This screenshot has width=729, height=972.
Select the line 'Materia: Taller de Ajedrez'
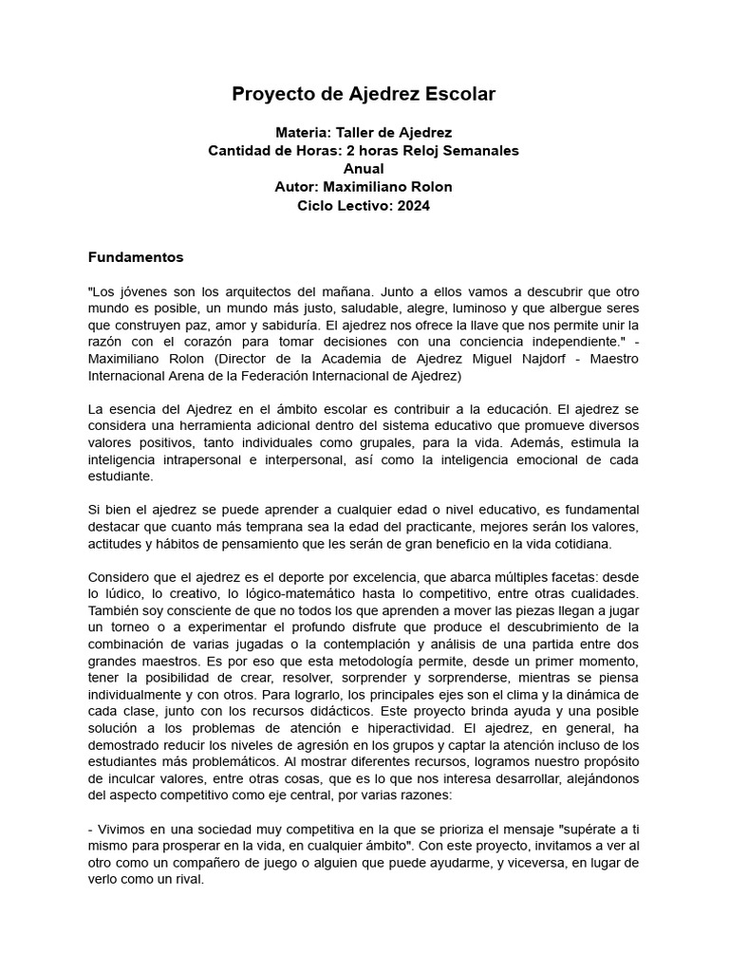(364, 134)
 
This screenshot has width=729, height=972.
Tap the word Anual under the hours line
(364, 169)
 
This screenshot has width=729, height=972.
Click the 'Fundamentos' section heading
(136, 257)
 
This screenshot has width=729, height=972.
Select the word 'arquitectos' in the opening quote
(243, 292)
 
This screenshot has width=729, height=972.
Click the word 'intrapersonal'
(203, 459)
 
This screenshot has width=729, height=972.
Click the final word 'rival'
(186, 879)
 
